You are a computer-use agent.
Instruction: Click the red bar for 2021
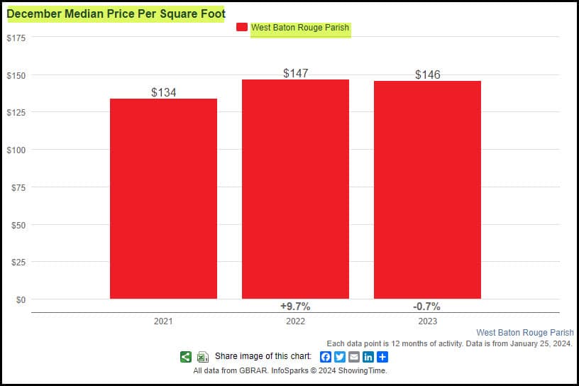pyautogui.click(x=163, y=199)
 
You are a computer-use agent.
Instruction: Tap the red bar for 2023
pyautogui.click(x=427, y=190)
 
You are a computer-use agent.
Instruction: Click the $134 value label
pyautogui.click(x=164, y=92)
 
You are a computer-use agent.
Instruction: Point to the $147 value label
pyautogui.click(x=295, y=73)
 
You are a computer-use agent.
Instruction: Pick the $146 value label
pyautogui.click(x=428, y=75)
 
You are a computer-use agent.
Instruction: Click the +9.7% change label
pyautogui.click(x=295, y=307)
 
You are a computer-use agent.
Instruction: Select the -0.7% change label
pyautogui.click(x=427, y=307)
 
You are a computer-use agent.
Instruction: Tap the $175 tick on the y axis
pyautogui.click(x=16, y=38)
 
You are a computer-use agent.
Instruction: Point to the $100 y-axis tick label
pyautogui.click(x=16, y=150)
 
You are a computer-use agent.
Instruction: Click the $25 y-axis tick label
pyautogui.click(x=18, y=262)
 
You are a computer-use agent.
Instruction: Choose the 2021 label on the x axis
pyautogui.click(x=163, y=321)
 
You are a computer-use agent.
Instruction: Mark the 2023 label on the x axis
pyautogui.click(x=427, y=321)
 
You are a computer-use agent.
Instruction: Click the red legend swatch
pyautogui.click(x=241, y=28)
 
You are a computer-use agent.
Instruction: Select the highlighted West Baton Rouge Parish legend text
pyautogui.click(x=301, y=28)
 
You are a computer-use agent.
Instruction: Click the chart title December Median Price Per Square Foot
pyautogui.click(x=116, y=13)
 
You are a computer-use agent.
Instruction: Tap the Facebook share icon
pyautogui.click(x=326, y=357)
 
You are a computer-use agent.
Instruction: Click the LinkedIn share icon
pyautogui.click(x=368, y=357)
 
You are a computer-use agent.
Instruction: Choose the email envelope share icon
pyautogui.click(x=354, y=357)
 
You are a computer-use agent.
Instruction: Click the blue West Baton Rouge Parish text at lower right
pyautogui.click(x=524, y=332)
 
